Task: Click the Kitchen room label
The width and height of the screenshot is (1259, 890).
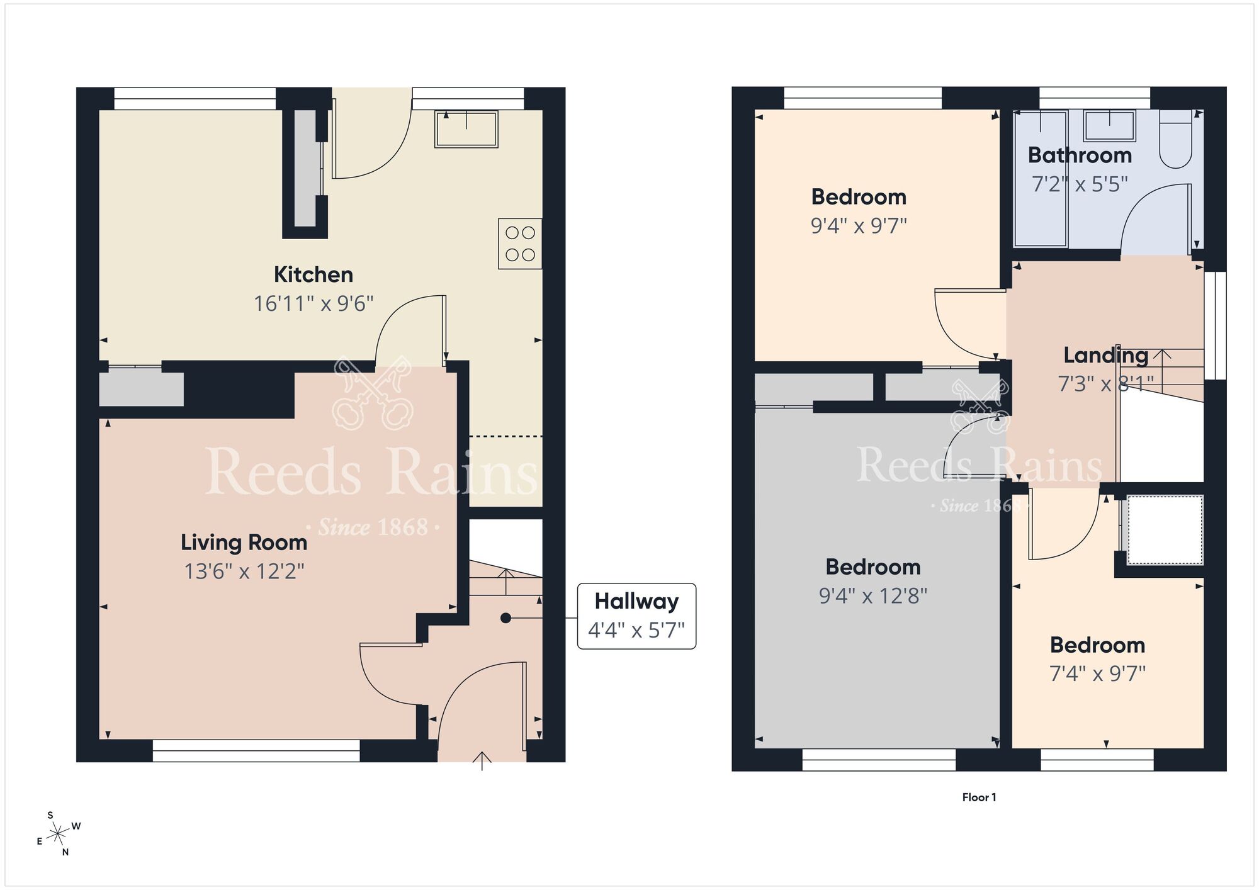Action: coord(313,274)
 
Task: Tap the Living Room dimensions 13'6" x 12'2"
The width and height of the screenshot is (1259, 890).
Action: coord(244,572)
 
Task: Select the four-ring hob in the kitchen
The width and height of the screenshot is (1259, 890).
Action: coord(520,244)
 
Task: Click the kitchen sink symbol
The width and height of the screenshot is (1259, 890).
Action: coord(466,129)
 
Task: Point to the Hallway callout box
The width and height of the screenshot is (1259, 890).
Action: coord(636,616)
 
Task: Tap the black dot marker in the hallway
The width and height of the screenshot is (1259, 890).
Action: coord(505,618)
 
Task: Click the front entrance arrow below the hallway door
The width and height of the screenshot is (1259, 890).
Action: coord(482,760)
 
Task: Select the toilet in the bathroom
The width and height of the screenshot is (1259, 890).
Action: coord(1175,142)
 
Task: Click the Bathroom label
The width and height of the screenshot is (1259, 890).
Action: coord(1080,155)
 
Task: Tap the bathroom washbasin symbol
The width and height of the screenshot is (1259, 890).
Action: coord(1109,125)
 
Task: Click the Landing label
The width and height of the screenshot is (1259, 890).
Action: coord(1105,356)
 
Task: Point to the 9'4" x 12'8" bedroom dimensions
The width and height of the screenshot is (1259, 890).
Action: coord(873,595)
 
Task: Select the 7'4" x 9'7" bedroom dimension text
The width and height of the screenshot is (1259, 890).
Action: coord(1097,673)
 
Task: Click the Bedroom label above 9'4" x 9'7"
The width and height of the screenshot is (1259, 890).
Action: coord(859,197)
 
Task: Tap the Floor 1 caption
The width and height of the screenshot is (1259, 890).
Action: coord(979,797)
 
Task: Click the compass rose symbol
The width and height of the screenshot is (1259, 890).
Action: coord(59,835)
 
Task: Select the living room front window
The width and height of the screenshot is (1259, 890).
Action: coord(256,750)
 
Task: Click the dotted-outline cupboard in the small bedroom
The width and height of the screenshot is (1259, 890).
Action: coord(1165,529)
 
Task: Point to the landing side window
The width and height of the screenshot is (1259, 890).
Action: coord(1220,325)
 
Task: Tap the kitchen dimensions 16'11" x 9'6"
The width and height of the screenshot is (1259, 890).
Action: coord(313,304)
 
